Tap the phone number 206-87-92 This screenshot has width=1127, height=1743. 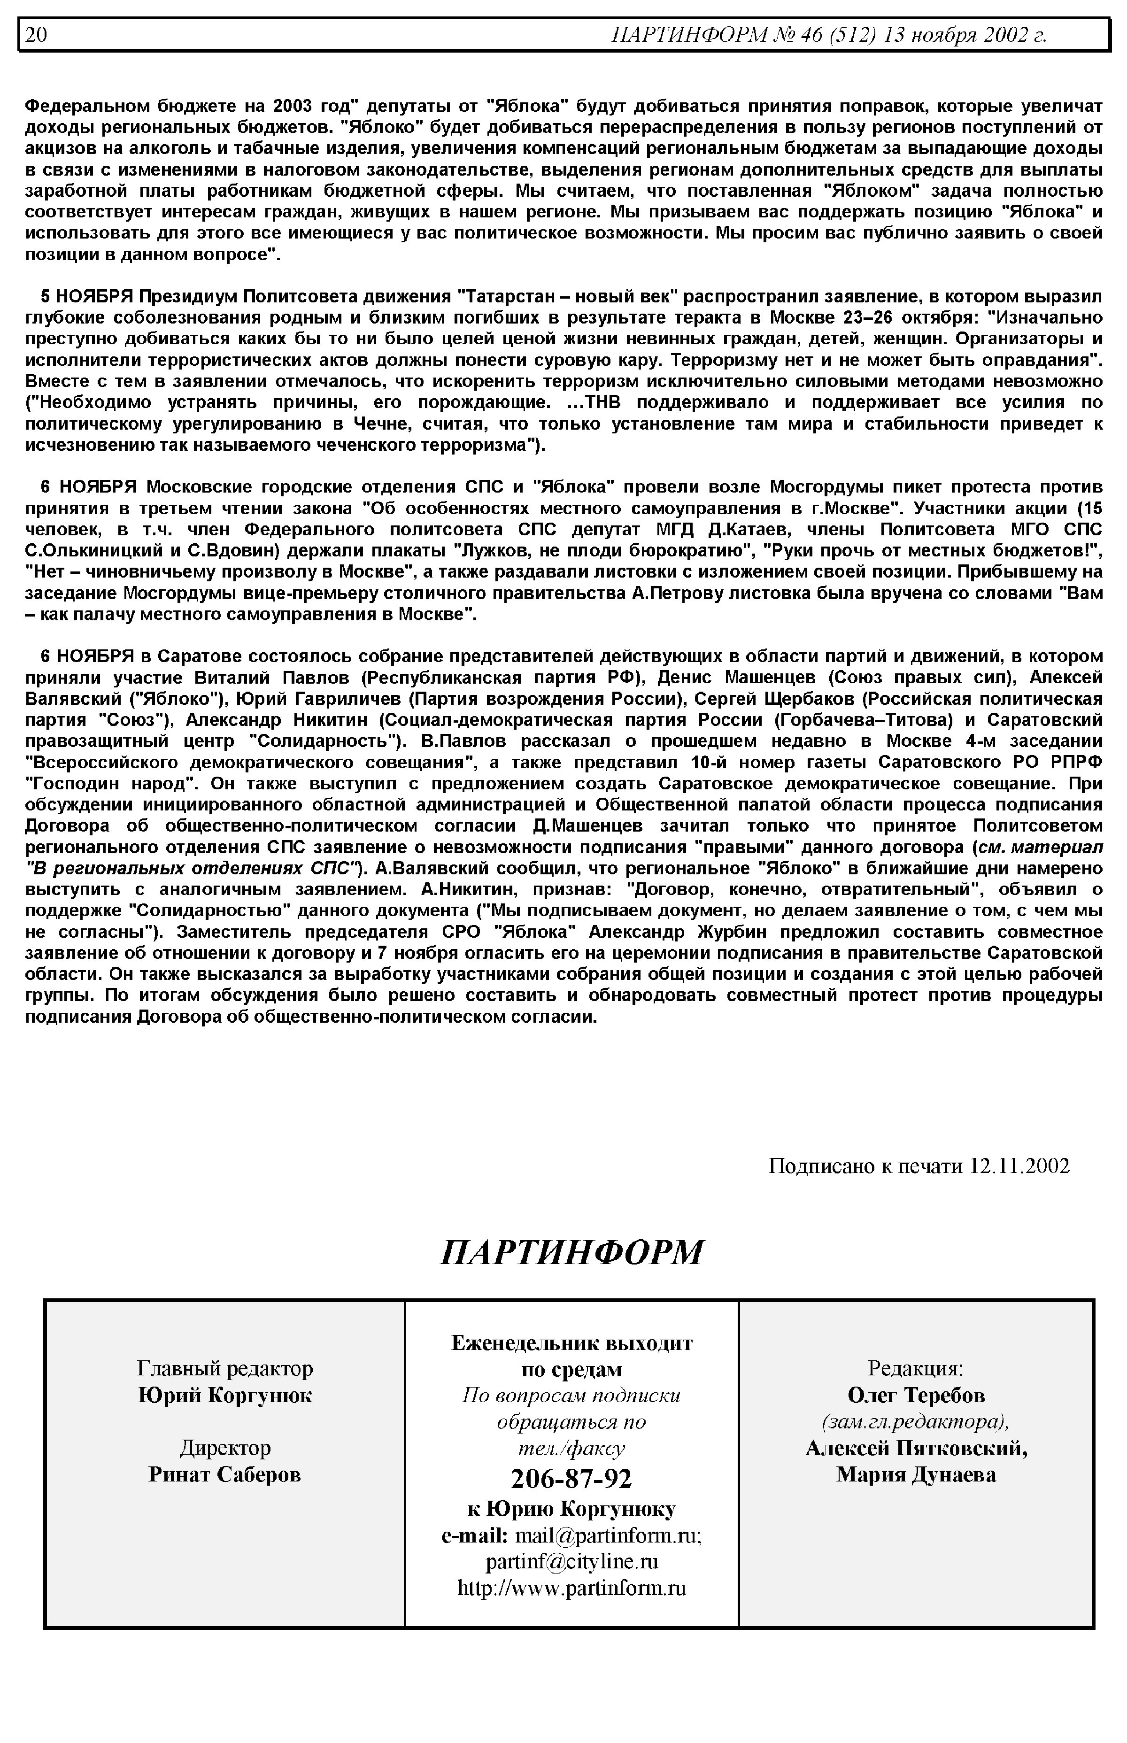pos(571,1479)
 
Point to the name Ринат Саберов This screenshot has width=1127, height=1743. pos(224,1474)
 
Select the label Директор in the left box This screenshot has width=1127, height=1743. pos(224,1447)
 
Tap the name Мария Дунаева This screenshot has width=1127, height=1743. pos(916,1474)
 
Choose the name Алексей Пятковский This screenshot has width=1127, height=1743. pos(916,1448)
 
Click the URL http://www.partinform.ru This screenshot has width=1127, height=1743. pos(571,1587)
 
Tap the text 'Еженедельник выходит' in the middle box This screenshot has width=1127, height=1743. pos(571,1343)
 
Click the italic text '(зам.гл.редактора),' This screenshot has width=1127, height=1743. pos(916,1422)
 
